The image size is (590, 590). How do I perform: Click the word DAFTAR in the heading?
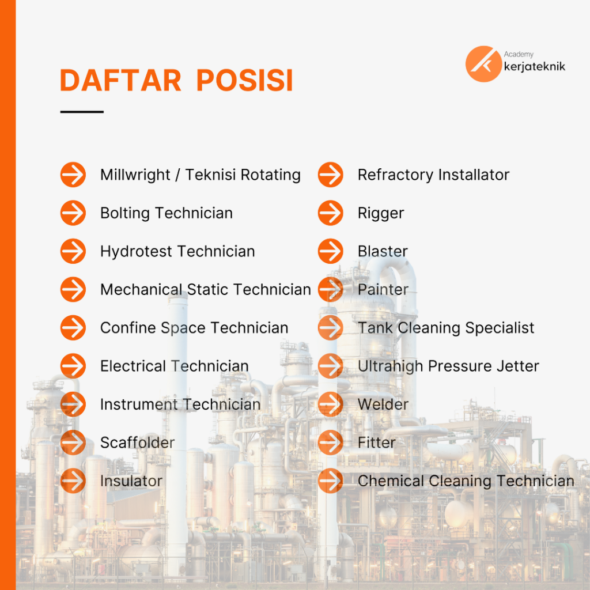coord(120,80)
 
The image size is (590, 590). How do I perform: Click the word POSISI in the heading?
coord(244,80)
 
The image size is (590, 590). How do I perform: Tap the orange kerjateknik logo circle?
coord(483,64)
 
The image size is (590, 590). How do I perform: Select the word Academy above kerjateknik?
coord(519,54)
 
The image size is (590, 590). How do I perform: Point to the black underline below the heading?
coord(82,112)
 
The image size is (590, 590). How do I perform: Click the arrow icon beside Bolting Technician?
coord(73,213)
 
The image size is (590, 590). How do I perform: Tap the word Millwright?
coord(135,175)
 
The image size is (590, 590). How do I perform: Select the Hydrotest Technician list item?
coord(177,251)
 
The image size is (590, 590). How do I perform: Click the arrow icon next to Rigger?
coord(330,213)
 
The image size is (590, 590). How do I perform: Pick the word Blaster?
coord(383,251)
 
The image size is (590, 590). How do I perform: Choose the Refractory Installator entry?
coord(433,175)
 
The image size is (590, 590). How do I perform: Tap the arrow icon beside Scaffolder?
coord(73,442)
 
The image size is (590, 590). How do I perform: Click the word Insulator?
coord(131,481)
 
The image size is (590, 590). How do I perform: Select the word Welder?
coord(383,404)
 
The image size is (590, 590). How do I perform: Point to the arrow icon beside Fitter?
coord(330,442)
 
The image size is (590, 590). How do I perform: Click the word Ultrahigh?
coord(391,366)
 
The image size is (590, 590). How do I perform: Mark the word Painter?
coord(383,290)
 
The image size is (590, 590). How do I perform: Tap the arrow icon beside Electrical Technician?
coord(73,366)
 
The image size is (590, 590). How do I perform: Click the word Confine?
coord(128,328)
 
